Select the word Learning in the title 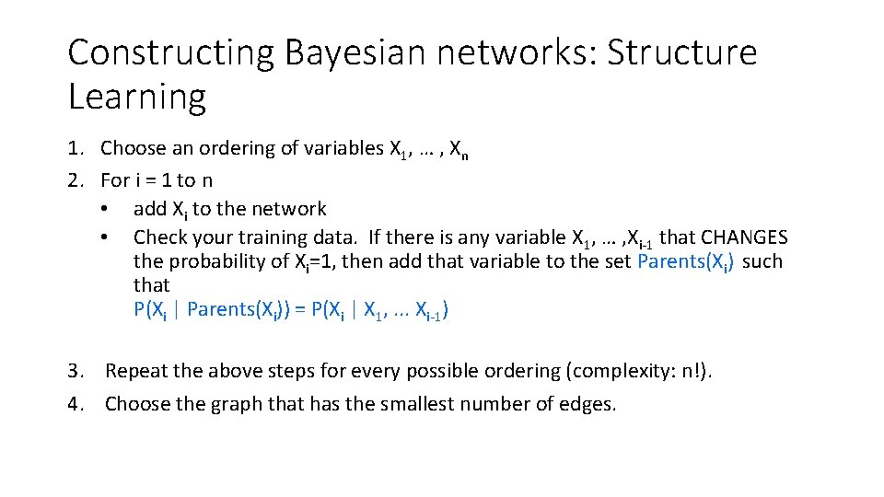click(x=136, y=96)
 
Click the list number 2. click(x=75, y=179)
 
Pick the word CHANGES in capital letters click(x=745, y=237)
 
